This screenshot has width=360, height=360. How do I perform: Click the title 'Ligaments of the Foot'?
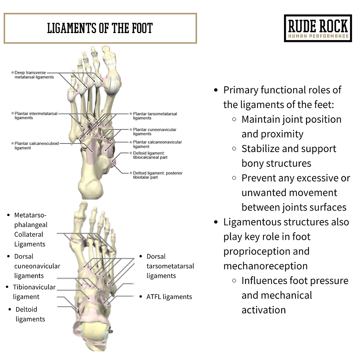tap(100, 28)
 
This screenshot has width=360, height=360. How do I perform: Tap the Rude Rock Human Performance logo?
tap(317, 28)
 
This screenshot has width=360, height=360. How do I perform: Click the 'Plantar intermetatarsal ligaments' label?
tap(36, 116)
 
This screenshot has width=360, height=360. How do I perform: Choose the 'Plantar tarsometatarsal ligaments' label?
tap(155, 116)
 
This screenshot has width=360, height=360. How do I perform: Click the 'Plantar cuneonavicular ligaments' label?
tap(154, 132)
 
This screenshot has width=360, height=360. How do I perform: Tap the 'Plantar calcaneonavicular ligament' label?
tap(157, 144)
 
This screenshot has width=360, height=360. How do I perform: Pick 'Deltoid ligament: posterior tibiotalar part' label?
tap(157, 175)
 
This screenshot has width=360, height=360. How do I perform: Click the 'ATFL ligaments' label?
tap(169, 297)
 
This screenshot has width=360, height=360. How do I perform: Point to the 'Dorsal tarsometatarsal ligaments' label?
tap(170, 266)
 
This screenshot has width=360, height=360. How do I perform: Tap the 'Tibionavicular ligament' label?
tap(34, 292)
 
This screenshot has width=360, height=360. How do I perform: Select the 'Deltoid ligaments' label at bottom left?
tap(30, 314)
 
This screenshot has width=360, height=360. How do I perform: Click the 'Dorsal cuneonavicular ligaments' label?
tap(37, 266)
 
